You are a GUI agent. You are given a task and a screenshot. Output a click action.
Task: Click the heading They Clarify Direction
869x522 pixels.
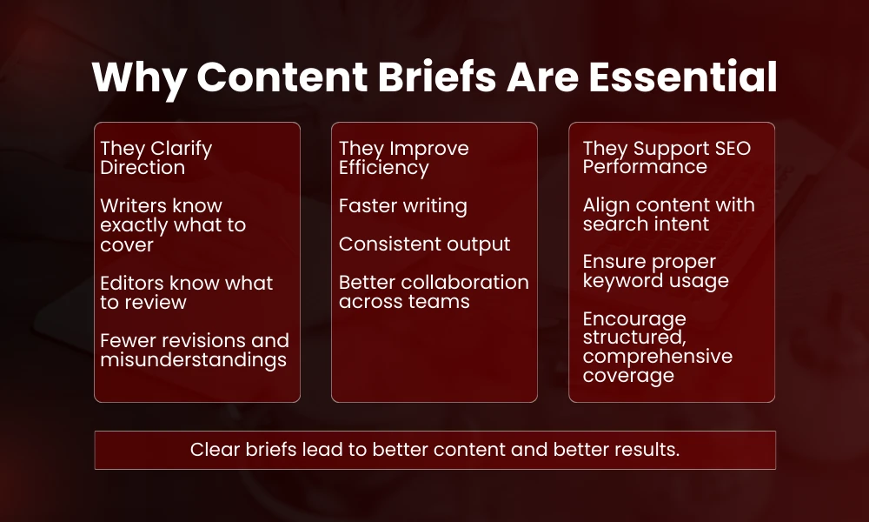coord(156,157)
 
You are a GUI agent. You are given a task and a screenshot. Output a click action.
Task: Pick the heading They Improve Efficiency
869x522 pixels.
coord(403,157)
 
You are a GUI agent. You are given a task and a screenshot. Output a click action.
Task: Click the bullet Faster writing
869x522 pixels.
coord(402,206)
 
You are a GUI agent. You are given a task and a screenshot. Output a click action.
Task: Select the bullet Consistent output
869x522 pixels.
coord(424,244)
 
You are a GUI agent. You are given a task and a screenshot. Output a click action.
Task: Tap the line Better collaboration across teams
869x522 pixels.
coord(433,291)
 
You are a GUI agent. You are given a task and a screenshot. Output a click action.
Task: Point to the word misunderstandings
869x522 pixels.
coord(193,359)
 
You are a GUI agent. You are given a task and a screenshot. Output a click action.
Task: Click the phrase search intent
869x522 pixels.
coord(646,224)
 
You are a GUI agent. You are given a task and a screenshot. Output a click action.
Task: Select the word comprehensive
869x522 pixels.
coord(657,356)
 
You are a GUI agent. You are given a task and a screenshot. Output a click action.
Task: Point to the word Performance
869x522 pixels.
coord(644,167)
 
